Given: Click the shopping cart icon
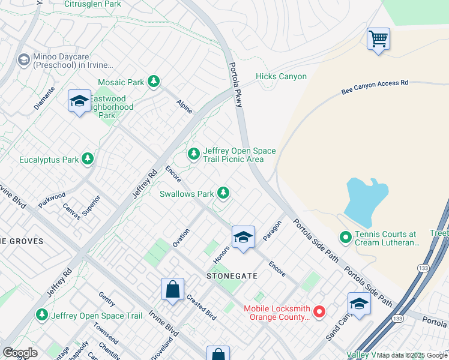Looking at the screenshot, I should pyautogui.click(x=378, y=40).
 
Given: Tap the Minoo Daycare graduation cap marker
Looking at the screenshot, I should pyautogui.click(x=23, y=59).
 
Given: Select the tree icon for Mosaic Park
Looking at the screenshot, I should pyautogui.click(x=154, y=82).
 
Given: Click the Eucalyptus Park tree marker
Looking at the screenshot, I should pyautogui.click(x=88, y=159).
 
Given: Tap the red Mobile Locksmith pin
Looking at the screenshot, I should pyautogui.click(x=319, y=311).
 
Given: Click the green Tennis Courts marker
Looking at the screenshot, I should pyautogui.click(x=345, y=238).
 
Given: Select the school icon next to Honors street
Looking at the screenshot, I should pyautogui.click(x=243, y=237).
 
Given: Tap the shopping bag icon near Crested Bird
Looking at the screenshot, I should pyautogui.click(x=172, y=290).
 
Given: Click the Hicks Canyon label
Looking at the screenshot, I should pyautogui.click(x=281, y=76).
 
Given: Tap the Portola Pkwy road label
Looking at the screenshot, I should pyautogui.click(x=235, y=85).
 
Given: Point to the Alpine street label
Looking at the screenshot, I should pyautogui.click(x=184, y=107).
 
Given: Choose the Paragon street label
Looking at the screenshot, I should pyautogui.click(x=272, y=231).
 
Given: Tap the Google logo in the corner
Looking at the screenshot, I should pyautogui.click(x=20, y=352).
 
